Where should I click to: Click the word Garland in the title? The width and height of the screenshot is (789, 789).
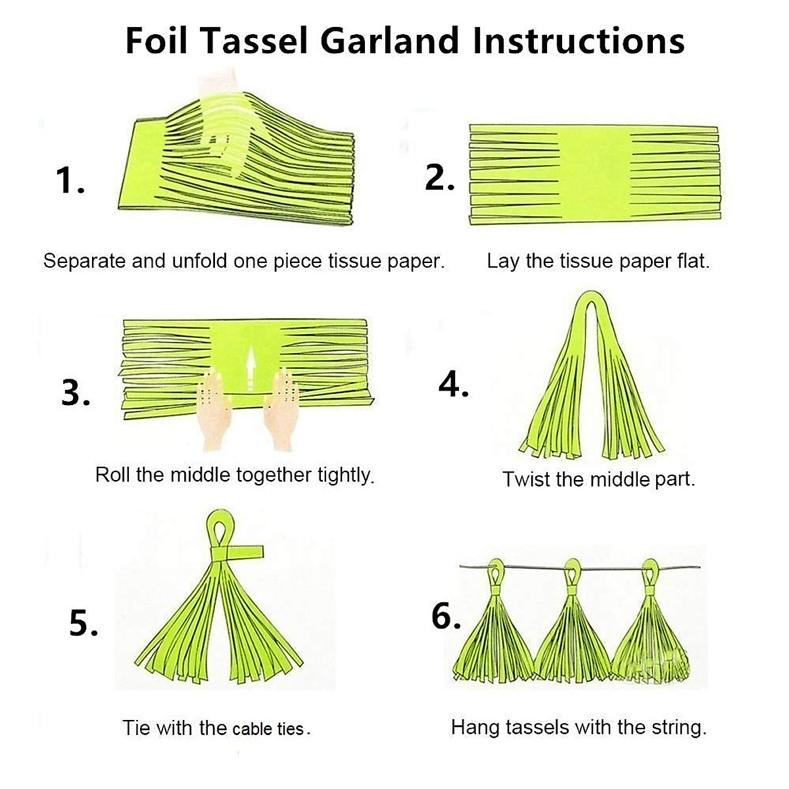[389, 41]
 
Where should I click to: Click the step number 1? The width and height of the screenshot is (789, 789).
[70, 180]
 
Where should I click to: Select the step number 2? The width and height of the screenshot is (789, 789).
[439, 178]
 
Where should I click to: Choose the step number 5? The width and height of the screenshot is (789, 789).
[84, 623]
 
